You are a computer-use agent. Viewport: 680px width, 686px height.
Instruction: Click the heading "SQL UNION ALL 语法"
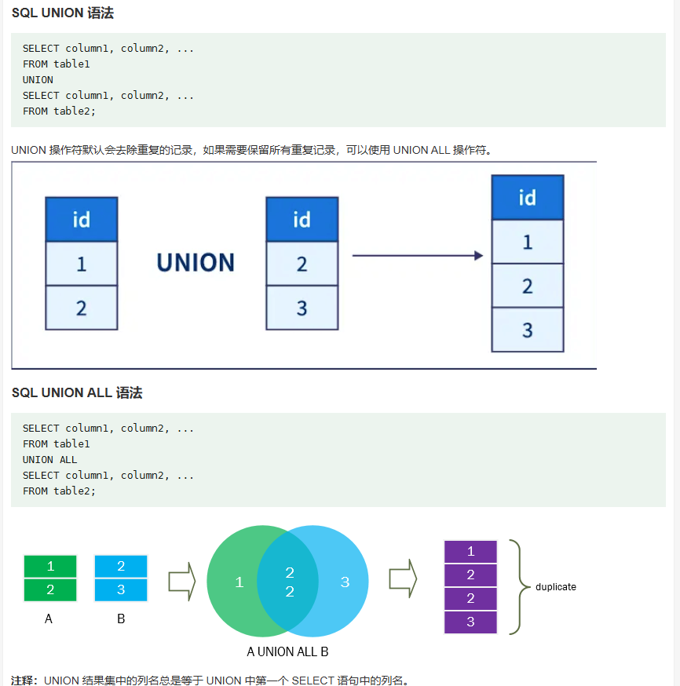[77, 392]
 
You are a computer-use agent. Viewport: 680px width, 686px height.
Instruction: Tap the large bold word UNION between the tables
[196, 262]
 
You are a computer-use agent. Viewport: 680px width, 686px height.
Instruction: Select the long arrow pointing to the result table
[417, 255]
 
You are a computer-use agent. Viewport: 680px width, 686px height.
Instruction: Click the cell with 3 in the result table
[527, 330]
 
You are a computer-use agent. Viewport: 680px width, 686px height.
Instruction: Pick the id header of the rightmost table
[527, 197]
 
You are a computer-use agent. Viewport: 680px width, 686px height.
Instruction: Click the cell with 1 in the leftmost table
[81, 264]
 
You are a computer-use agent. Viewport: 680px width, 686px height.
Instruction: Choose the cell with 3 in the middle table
[302, 308]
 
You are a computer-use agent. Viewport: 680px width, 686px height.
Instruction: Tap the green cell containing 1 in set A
[50, 566]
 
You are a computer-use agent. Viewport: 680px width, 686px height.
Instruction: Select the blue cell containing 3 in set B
[121, 589]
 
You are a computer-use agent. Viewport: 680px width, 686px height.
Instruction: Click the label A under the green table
[49, 618]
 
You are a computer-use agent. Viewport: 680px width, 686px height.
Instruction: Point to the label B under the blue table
[121, 618]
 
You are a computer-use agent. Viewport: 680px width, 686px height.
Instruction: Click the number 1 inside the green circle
[239, 582]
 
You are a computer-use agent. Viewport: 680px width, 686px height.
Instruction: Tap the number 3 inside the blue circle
[344, 582]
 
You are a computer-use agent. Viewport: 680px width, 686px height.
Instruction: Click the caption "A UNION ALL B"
[287, 651]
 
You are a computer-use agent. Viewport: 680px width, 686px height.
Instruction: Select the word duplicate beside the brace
[555, 586]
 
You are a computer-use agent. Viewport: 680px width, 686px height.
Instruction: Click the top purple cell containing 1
[470, 552]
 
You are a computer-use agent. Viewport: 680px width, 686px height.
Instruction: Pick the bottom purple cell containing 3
[470, 622]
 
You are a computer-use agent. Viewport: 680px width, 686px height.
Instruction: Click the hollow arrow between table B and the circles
[181, 582]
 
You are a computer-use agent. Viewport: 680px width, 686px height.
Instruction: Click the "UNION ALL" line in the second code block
[50, 460]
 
